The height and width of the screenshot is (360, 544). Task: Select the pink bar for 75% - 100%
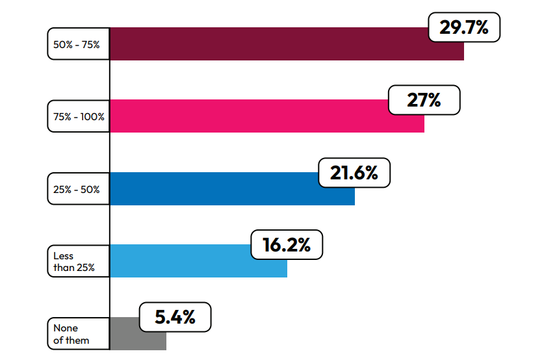[x=260, y=116]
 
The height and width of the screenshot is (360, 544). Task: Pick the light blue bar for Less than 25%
[x=195, y=261]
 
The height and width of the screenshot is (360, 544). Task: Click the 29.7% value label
[x=463, y=27]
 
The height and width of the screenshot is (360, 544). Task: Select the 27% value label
[x=424, y=100]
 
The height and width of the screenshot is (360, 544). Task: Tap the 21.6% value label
[x=354, y=173]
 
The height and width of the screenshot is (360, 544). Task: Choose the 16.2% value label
[x=286, y=245]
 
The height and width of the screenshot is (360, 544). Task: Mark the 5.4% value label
[x=175, y=317]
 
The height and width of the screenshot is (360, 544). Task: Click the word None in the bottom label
[x=65, y=329]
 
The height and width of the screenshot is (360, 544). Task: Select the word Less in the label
[x=63, y=256]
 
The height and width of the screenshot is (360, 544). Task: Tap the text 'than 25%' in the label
[x=73, y=268]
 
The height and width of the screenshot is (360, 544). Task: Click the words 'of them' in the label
[x=71, y=341]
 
